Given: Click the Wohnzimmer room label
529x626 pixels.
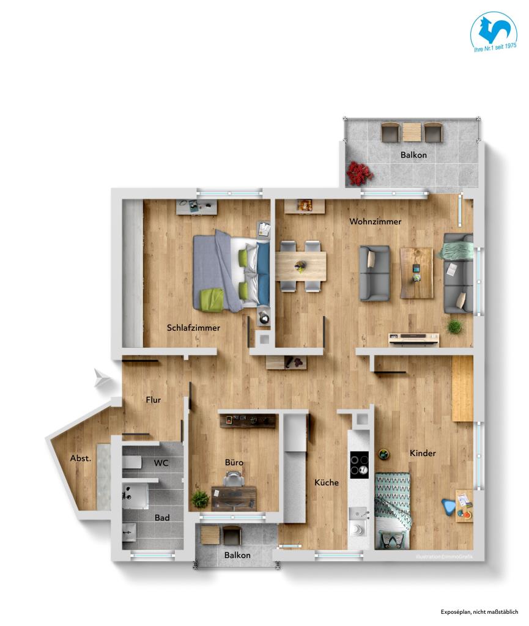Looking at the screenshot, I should coord(375,221).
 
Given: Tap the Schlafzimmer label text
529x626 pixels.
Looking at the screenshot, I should coord(193,328).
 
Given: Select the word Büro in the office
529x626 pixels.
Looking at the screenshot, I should coord(234,463).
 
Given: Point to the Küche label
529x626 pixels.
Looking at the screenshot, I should coord(327,482).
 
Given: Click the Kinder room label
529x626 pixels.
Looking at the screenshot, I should coord(423,453).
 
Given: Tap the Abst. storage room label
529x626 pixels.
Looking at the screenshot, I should coord(80,458).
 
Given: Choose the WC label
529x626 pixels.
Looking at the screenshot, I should coord(161,463).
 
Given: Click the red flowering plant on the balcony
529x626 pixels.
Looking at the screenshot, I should coord(360,174).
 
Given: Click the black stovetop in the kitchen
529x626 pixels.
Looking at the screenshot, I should coord(360,466).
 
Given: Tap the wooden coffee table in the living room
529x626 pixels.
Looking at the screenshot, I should coord(416,273).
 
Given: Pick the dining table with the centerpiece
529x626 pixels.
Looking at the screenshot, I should coord(300,267).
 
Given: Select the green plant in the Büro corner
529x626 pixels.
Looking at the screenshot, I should coord(200,499).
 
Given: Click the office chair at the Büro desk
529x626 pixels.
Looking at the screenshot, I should coord(232,480).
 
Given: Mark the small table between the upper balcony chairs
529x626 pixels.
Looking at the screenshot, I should coord(411,131).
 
